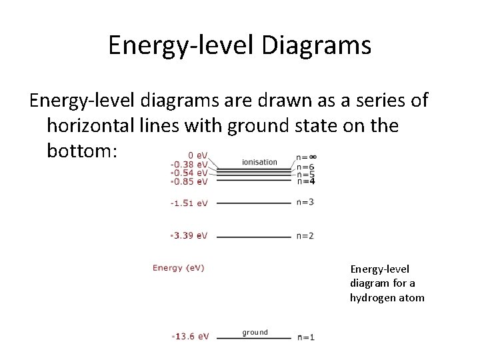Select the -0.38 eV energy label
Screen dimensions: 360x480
(x=189, y=165)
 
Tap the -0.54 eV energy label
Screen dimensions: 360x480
(x=189, y=173)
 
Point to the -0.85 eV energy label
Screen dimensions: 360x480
(x=189, y=181)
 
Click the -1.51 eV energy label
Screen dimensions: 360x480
(x=189, y=203)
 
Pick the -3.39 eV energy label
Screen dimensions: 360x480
(x=189, y=235)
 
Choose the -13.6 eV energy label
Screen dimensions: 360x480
(x=191, y=337)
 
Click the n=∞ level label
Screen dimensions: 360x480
(x=307, y=157)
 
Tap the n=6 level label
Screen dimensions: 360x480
(x=305, y=167)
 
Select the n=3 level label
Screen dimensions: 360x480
(x=305, y=202)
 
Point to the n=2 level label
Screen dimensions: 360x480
(x=305, y=235)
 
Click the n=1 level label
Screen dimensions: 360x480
(x=306, y=337)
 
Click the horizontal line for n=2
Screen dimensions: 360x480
(x=254, y=237)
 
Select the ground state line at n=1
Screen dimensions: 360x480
(x=254, y=338)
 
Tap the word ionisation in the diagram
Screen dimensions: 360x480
(x=259, y=162)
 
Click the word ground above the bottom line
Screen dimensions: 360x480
(x=255, y=332)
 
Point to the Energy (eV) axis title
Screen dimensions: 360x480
(x=179, y=268)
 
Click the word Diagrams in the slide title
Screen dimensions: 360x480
(x=317, y=45)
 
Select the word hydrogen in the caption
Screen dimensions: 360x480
(x=369, y=297)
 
